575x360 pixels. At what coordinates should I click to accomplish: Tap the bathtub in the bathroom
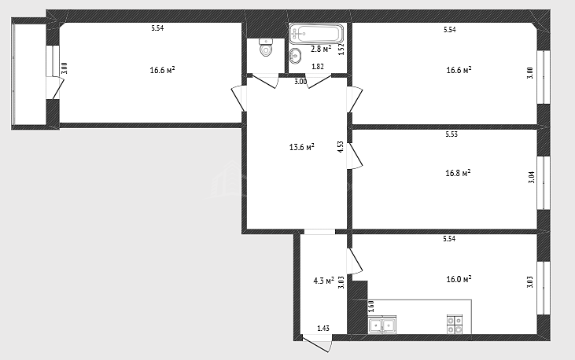[316, 33]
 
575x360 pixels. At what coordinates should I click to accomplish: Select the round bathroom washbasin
[295, 56]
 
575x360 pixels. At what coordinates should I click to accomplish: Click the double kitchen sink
[382, 325]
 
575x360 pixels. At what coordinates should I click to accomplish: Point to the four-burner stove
[455, 325]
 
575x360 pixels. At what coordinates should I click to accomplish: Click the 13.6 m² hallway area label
[302, 147]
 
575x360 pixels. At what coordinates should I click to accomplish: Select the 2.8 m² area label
[321, 49]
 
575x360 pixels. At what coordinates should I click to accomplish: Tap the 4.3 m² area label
[323, 281]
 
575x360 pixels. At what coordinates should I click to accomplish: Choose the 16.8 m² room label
[458, 173]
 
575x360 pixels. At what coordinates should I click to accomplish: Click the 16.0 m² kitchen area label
[459, 279]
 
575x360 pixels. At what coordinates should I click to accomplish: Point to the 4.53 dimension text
[341, 147]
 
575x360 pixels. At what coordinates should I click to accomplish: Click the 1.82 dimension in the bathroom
[318, 67]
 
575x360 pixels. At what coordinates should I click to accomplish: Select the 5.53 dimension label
[452, 134]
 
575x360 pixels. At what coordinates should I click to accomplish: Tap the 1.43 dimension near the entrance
[323, 328]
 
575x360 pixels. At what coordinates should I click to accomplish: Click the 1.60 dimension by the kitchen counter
[370, 307]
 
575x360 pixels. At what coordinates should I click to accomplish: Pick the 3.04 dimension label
[532, 178]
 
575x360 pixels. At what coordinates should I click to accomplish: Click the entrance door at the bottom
[317, 343]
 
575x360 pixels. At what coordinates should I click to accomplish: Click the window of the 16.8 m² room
[544, 183]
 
